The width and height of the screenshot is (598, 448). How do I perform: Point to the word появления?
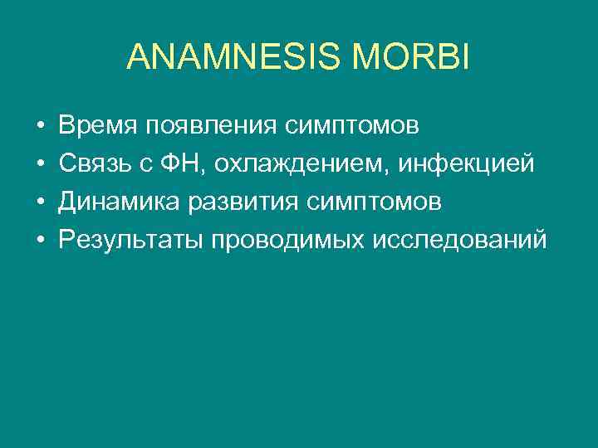212,127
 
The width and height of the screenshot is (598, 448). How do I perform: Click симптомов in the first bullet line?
352,127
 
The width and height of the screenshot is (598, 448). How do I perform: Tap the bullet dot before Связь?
40,165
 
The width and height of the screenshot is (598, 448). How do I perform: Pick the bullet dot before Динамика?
40,203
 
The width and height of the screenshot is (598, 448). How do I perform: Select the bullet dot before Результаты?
40,241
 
